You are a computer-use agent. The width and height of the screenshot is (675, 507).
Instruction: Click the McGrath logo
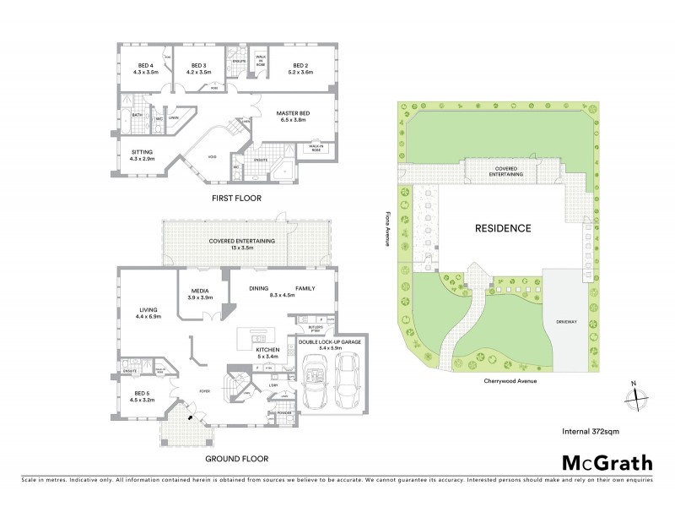[607, 462]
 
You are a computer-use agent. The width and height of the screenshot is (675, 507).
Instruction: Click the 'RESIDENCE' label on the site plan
[502, 228]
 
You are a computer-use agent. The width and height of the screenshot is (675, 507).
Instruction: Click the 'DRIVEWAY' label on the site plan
[567, 322]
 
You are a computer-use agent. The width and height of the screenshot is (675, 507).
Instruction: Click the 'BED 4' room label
[146, 66]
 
